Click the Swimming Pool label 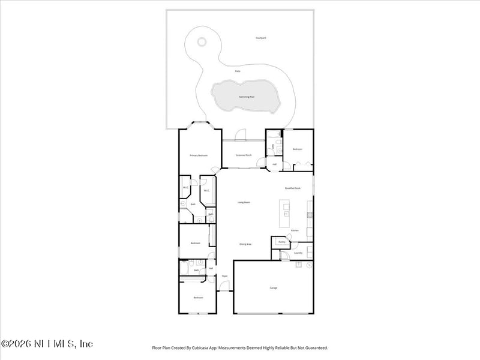(x=244, y=97)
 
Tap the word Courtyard (x=260, y=38)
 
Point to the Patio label (x=238, y=71)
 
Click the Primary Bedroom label (x=199, y=155)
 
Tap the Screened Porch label (x=244, y=155)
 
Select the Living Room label (x=244, y=202)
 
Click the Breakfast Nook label (x=293, y=188)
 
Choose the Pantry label (x=281, y=242)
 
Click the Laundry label (x=298, y=253)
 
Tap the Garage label (x=274, y=288)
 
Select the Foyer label (x=224, y=276)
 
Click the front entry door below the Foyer (x=224, y=291)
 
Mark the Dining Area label (x=245, y=244)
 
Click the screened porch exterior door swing (x=241, y=134)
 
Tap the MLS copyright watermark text (x=47, y=344)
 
